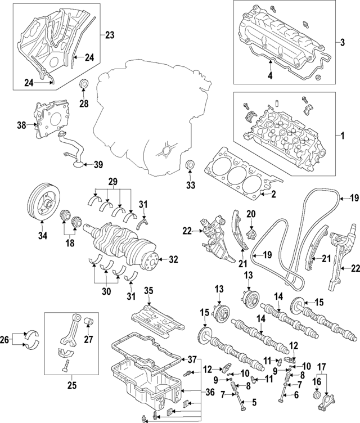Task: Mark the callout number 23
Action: [x=109, y=35]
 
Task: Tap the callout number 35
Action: [x=148, y=290]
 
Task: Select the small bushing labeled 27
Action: [x=88, y=323]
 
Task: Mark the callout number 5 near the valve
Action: [x=254, y=402]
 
